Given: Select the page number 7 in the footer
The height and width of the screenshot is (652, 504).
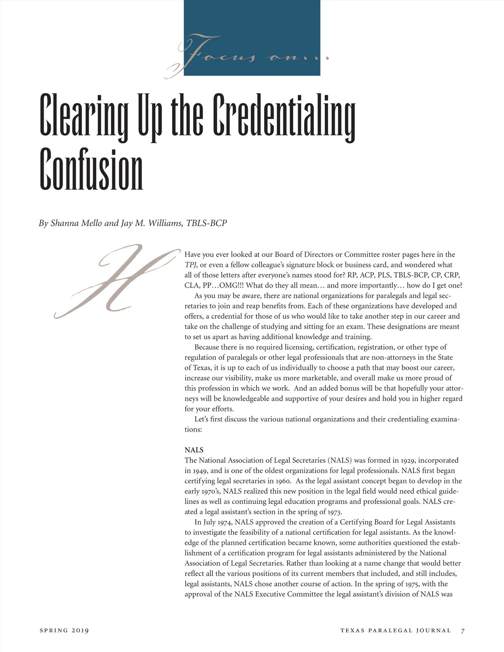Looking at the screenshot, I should click(x=463, y=631).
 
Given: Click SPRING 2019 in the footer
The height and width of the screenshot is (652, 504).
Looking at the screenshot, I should click(x=64, y=630).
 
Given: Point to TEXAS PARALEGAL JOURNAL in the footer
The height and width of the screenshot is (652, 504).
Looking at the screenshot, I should click(x=396, y=631).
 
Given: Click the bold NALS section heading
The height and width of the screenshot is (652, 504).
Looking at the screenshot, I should click(x=194, y=450).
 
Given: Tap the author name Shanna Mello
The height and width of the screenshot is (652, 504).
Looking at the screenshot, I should click(x=76, y=223).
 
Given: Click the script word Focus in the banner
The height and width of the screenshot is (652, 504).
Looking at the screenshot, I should click(x=218, y=55).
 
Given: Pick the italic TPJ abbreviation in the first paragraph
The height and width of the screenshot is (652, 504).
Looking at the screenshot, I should click(x=190, y=265).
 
